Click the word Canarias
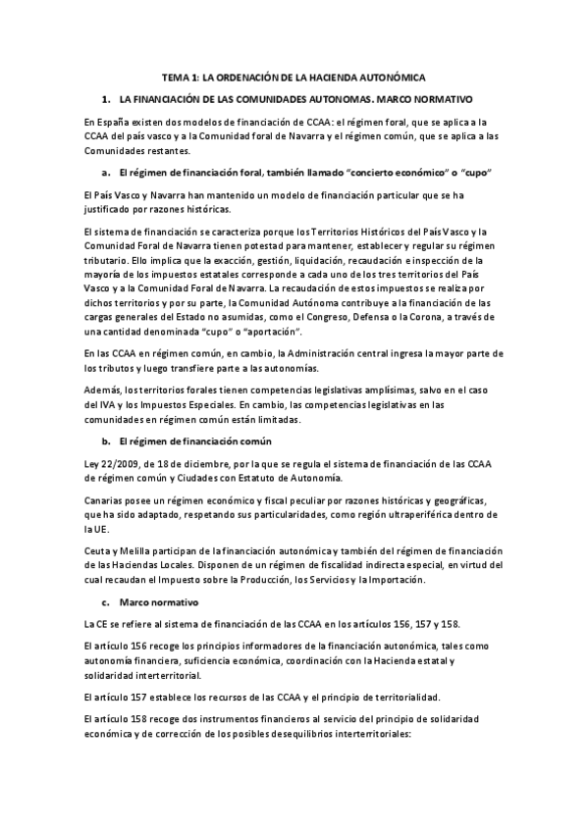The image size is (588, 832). click(105, 500)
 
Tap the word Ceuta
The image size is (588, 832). click(100, 551)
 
